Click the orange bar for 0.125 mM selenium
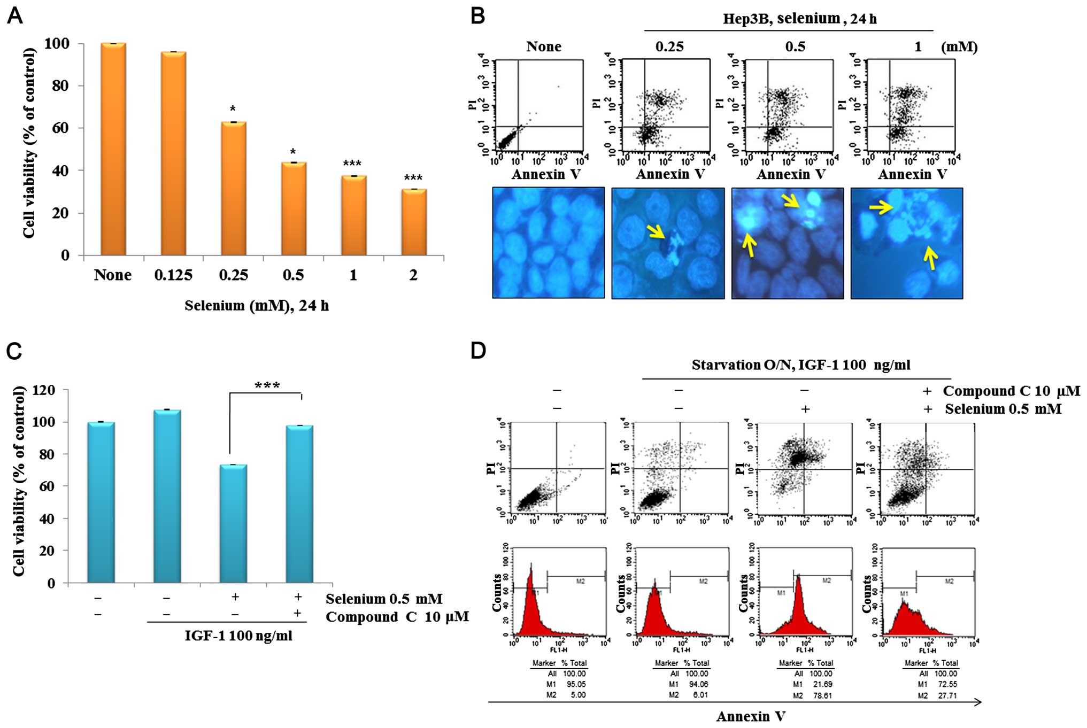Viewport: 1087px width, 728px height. point(173,153)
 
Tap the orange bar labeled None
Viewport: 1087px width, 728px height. point(113,149)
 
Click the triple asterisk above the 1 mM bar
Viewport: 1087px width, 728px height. point(352,164)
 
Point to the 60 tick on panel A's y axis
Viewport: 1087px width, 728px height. point(60,128)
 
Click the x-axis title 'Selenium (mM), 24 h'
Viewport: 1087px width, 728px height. point(257,306)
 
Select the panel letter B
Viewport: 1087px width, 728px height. point(477,16)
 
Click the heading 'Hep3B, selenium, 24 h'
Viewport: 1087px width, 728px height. point(799,19)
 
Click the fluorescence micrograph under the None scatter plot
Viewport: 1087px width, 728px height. point(548,243)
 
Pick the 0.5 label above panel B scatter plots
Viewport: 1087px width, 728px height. point(795,47)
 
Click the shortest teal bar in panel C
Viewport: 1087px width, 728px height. point(234,523)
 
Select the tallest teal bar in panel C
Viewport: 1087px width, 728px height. point(167,496)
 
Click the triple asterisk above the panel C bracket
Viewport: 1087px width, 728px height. point(267,385)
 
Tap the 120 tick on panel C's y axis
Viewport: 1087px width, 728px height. point(44,390)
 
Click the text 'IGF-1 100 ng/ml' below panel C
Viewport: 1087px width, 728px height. point(238,636)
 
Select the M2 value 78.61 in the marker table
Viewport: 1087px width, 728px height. point(822,695)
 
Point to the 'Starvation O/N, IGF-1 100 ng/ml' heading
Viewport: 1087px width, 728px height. point(800,365)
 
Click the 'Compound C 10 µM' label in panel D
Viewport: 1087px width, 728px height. point(1011,391)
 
